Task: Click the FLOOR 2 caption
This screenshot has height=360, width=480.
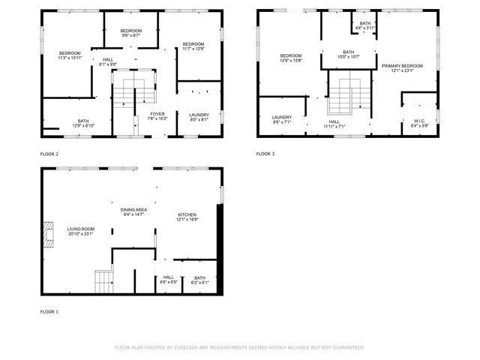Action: (x=49, y=154)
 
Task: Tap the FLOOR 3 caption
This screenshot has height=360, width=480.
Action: (x=265, y=154)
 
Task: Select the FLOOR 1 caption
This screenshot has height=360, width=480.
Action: (x=49, y=311)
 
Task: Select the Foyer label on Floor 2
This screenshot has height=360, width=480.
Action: (x=157, y=115)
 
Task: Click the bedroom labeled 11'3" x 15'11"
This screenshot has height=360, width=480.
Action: (x=70, y=55)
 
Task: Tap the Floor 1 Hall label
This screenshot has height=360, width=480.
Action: (x=168, y=280)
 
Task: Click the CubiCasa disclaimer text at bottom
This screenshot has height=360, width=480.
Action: (x=240, y=347)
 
